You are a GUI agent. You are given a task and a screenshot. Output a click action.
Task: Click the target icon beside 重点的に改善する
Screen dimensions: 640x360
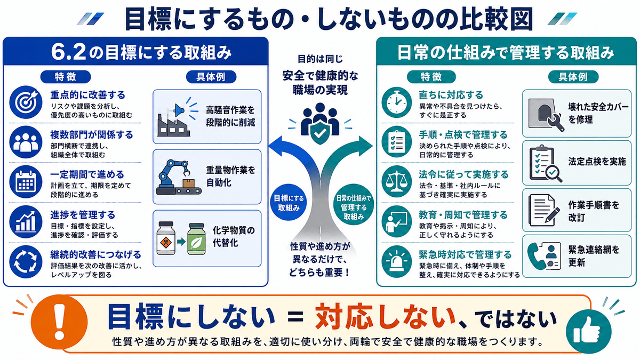coord(26,102)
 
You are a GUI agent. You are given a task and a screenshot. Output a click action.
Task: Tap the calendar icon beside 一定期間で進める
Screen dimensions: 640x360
coord(26,182)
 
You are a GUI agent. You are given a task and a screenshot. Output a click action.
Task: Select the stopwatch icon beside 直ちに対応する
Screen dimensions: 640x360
coord(397,102)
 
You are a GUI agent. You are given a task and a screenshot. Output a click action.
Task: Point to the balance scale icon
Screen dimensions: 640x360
coord(397,182)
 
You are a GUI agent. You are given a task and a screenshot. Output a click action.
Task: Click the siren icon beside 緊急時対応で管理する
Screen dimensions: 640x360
coord(397,262)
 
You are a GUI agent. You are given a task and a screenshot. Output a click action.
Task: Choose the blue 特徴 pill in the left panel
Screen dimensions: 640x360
coord(66,77)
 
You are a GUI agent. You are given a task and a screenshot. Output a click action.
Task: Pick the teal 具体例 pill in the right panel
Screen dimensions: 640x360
coord(573,77)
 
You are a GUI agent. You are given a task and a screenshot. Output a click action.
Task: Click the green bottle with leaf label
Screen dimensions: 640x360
coord(196,238)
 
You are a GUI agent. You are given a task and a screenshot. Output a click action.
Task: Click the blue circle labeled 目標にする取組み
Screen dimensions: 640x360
coord(289,202)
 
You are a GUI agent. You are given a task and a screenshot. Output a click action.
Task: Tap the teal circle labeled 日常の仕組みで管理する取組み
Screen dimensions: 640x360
coord(354,204)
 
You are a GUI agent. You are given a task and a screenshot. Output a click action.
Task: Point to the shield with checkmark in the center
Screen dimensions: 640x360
coord(320,132)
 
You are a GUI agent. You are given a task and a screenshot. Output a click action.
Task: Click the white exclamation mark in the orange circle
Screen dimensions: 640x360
coord(60,322)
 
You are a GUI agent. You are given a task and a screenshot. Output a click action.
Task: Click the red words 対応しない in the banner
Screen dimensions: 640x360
coord(385,317)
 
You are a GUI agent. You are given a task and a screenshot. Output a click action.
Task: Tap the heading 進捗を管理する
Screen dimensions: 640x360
coord(83,214)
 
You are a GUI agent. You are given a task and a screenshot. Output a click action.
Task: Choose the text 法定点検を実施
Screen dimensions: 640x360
coord(597,162)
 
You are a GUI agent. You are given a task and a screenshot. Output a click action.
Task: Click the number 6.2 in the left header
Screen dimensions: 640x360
coord(69,52)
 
